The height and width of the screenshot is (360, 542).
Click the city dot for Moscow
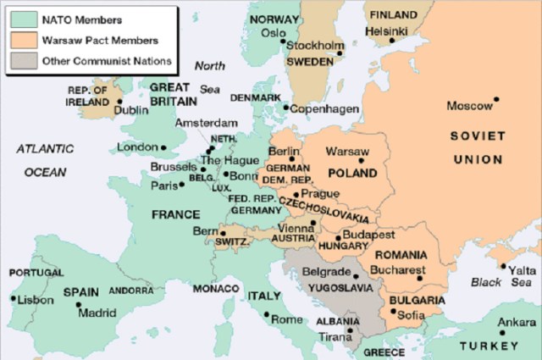(497, 99)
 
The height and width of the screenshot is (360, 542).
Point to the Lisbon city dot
(13, 298)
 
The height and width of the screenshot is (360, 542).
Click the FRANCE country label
(175, 215)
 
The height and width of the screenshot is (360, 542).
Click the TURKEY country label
(489, 346)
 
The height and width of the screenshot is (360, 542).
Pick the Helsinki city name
(390, 32)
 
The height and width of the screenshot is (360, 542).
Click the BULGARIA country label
(417, 301)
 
